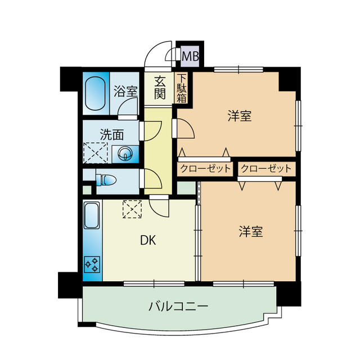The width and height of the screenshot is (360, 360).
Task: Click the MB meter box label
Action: click(x=191, y=56)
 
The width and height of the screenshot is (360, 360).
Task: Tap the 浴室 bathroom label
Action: click(x=125, y=91)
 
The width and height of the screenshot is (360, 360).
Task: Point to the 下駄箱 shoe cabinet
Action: click(x=182, y=88)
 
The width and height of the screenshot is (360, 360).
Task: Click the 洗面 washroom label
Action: click(x=112, y=134)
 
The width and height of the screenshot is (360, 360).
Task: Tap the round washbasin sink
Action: click(x=124, y=152)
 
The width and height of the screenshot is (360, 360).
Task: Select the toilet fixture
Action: click(x=106, y=180)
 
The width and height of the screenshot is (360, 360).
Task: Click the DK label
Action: click(x=148, y=241)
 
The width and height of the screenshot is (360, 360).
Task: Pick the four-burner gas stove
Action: click(x=92, y=264)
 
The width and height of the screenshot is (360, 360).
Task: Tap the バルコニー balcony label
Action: click(x=179, y=307)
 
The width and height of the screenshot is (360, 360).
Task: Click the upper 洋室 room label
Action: click(x=239, y=116)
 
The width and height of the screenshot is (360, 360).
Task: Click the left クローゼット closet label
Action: click(x=205, y=168)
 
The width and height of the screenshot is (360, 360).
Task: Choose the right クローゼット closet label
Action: click(x=266, y=168)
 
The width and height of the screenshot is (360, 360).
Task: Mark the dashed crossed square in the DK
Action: click(x=133, y=209)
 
